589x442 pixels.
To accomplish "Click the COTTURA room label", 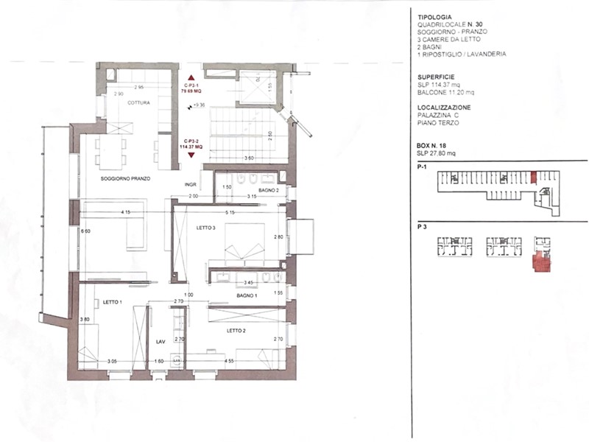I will click(x=138, y=103).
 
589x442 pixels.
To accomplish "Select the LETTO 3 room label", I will click(x=205, y=228).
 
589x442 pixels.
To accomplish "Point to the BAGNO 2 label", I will click(x=268, y=190).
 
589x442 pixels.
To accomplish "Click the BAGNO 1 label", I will click(x=246, y=295).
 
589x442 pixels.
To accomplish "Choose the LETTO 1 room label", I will click(x=112, y=302).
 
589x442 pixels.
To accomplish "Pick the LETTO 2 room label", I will click(x=236, y=330).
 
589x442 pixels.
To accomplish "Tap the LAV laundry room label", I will click(x=159, y=342).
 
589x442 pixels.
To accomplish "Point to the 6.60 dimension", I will click(x=85, y=231).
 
